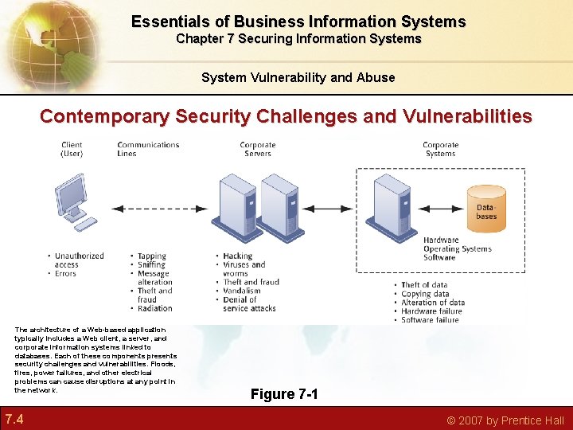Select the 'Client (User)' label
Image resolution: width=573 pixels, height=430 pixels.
[x=72, y=149]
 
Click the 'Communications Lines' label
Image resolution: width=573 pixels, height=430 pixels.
[x=148, y=149]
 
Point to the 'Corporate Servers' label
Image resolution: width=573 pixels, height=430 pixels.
[x=257, y=149]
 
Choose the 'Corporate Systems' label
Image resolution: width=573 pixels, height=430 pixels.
[x=440, y=149]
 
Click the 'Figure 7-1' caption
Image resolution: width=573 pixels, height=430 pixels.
[x=284, y=394]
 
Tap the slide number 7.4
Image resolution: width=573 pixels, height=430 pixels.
[x=14, y=419]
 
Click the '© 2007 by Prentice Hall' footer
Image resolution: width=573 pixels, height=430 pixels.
[x=505, y=420]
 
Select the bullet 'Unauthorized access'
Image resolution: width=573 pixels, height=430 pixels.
[x=79, y=260]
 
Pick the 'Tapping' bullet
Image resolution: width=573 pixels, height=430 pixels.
[x=151, y=256]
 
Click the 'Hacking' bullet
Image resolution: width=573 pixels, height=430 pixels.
[x=237, y=256]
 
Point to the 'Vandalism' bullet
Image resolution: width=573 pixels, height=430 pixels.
[x=241, y=291]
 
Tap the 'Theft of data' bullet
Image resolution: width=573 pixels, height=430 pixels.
[x=423, y=285]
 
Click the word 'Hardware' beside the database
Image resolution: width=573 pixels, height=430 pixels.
[x=441, y=240]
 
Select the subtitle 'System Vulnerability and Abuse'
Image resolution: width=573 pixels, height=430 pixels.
[x=298, y=77]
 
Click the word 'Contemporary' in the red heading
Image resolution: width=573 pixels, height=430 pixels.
[x=104, y=116]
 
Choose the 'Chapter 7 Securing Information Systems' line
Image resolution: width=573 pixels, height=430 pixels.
[x=298, y=38]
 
